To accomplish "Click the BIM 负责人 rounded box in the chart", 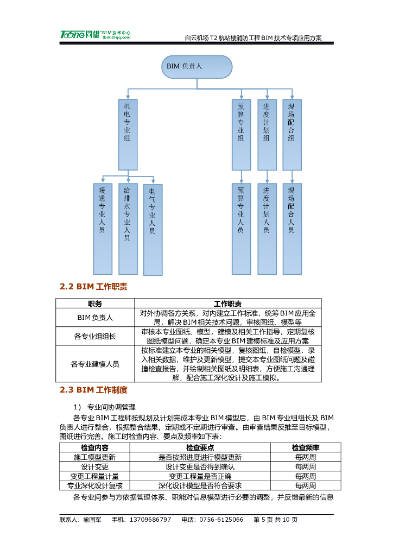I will pyautogui.click(x=196, y=66).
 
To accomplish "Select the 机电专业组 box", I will pyautogui.click(x=128, y=134).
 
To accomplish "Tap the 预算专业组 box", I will pyautogui.click(x=241, y=134).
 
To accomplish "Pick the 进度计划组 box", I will pyautogui.click(x=267, y=134).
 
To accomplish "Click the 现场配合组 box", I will pyautogui.click(x=292, y=134).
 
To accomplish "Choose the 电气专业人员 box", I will pyautogui.click(x=153, y=229).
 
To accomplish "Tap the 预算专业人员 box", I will pyautogui.click(x=241, y=229).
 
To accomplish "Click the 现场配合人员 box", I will pyautogui.click(x=292, y=229).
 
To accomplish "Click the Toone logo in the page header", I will pyautogui.click(x=79, y=34).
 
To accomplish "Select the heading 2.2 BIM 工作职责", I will pyautogui.click(x=93, y=287).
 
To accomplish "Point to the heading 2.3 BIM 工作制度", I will pyautogui.click(x=93, y=390).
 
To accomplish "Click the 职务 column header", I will pyautogui.click(x=95, y=304).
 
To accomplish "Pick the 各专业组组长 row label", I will pyautogui.click(x=95, y=336).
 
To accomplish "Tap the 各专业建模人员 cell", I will pyautogui.click(x=95, y=364).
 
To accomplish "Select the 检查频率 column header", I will pyautogui.click(x=306, y=447).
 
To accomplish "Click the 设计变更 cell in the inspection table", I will pyautogui.click(x=95, y=466).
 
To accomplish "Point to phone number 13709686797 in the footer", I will pyautogui.click(x=150, y=520).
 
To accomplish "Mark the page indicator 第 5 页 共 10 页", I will pyautogui.click(x=276, y=520).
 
